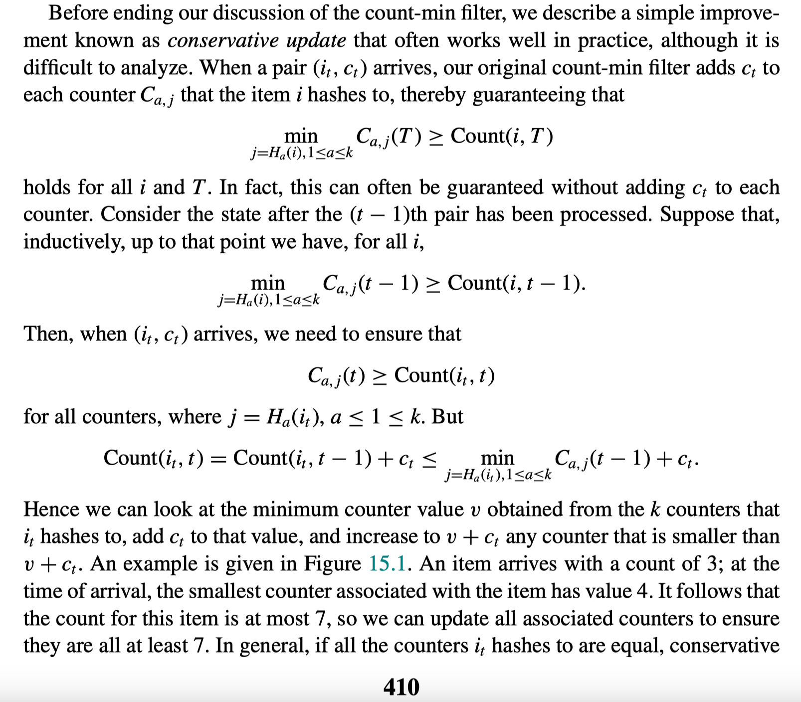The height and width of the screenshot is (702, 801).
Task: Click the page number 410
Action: (x=401, y=687)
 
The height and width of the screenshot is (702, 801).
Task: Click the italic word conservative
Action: (x=222, y=40)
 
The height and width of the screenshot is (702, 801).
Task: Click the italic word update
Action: (x=316, y=40)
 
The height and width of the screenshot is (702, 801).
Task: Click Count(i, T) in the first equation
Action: (x=501, y=136)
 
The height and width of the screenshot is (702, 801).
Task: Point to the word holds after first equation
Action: (x=47, y=187)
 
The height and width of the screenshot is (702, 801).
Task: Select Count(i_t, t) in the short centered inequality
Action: (x=444, y=375)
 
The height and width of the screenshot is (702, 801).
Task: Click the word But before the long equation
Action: (x=447, y=416)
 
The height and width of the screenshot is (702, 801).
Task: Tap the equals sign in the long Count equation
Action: (x=218, y=458)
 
